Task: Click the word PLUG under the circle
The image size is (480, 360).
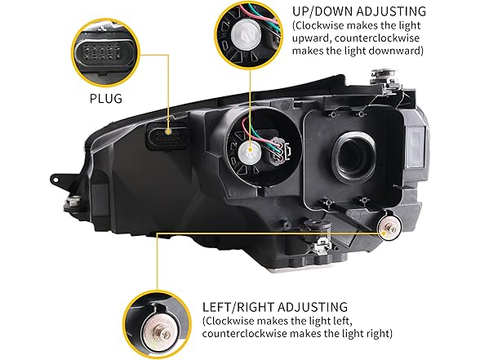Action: point(105,99)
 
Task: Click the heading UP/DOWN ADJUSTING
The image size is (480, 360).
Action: point(359,11)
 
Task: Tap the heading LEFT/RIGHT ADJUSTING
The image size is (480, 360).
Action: point(275,307)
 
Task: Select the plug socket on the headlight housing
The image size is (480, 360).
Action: point(167,136)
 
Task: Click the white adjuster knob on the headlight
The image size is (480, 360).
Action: point(250,150)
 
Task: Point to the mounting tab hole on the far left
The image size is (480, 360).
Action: point(56,180)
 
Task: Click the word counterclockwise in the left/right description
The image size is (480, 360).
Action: point(244,333)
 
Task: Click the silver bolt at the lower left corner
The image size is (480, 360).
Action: point(73,202)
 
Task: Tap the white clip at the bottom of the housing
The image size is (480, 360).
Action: point(321,244)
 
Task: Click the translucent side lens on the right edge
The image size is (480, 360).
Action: point(416,147)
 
